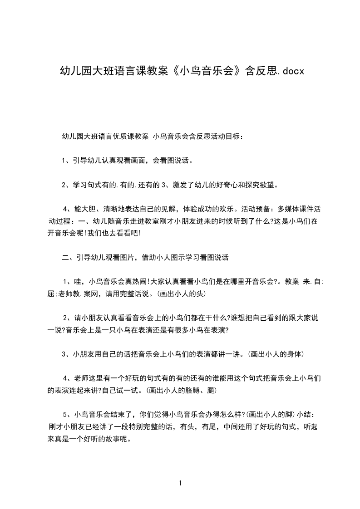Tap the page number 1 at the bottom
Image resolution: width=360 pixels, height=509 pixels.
(180, 483)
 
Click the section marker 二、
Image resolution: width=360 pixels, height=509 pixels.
(69, 258)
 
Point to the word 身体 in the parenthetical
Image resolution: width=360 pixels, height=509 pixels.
(289, 354)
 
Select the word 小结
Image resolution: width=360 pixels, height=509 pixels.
(305, 414)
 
